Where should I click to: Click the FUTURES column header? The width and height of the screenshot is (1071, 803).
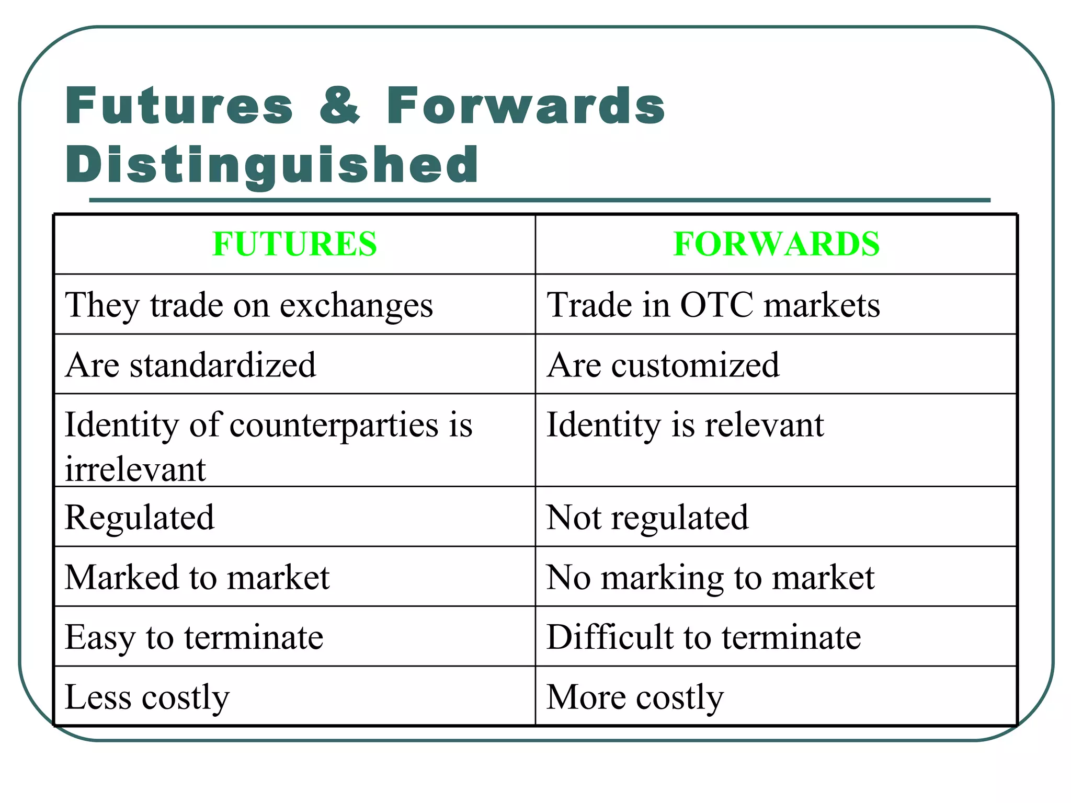tap(294, 244)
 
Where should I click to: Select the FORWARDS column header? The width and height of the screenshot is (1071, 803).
tap(777, 244)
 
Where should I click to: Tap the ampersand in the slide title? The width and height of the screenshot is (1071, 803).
tap(340, 106)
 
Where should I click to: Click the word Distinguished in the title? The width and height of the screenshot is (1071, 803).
tap(272, 165)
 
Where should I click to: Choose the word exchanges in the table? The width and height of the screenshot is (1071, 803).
tap(356, 306)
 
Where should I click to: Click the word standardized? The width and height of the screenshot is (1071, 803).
tap(223, 365)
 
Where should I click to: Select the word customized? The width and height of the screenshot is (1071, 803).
tap(695, 365)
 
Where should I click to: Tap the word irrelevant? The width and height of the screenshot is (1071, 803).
tap(135, 469)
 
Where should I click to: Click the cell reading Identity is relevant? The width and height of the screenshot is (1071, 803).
tap(685, 425)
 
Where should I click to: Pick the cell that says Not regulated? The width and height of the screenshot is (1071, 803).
tap(647, 518)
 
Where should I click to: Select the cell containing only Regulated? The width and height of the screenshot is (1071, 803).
tap(140, 518)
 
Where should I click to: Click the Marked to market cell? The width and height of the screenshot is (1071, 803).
tap(197, 578)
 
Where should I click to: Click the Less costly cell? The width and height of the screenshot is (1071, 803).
tap(147, 697)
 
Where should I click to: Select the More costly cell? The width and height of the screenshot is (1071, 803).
tap(635, 697)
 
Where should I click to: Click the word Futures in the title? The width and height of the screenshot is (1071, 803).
tap(179, 106)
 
